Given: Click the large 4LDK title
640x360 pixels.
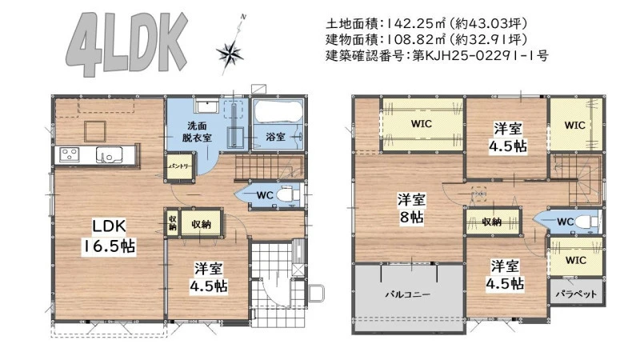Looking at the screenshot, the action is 127,43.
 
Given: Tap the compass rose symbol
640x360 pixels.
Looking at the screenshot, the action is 230,53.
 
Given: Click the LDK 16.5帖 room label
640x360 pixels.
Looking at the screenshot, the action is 109,236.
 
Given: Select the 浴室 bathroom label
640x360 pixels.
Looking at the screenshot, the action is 275,137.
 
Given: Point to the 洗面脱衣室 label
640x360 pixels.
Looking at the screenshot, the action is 197,131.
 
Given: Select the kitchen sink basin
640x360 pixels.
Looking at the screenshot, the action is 109,154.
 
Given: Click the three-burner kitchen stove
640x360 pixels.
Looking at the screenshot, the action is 70,154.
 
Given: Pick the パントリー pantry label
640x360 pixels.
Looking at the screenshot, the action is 179,166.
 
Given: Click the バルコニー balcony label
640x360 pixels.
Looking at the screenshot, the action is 408,294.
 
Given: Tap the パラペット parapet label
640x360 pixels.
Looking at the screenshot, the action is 576,294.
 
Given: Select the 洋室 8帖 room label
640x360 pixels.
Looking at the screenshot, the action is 411,209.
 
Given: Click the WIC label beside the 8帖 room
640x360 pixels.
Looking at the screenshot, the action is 422,123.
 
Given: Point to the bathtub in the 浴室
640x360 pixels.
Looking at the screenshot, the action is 278,111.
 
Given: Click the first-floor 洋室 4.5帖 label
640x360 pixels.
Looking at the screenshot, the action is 209,277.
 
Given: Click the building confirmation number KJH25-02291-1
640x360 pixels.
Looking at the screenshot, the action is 481,55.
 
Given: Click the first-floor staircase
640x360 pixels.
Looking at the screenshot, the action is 270,167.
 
